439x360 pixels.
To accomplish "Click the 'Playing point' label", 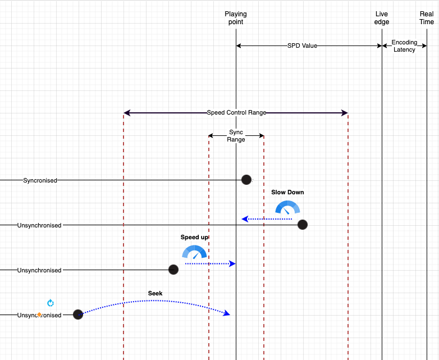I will [236, 18].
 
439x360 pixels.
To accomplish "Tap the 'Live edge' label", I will [382, 18].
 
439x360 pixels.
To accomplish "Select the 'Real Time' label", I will [427, 18].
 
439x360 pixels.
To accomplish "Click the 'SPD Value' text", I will [302, 45].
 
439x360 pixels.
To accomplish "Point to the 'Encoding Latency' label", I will [404, 46].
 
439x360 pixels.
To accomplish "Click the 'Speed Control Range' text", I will [236, 113].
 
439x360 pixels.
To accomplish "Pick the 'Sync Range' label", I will [236, 136].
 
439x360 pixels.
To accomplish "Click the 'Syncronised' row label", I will [40, 180].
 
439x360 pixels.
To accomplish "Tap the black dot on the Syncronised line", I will [246, 180].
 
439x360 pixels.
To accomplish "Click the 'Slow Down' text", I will [287, 192].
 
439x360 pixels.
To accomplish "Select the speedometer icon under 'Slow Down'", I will [287, 207].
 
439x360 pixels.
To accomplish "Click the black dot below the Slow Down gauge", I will [302, 225].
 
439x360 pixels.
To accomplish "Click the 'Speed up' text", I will [194, 238].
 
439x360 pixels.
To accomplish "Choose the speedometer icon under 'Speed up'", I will [194, 252].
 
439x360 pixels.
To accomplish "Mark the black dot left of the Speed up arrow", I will [173, 270].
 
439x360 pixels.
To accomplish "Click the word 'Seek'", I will [155, 293].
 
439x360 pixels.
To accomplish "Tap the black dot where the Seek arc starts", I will [78, 315].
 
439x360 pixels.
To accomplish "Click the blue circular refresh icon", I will [51, 303].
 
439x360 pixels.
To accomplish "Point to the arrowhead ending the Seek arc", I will [227, 313].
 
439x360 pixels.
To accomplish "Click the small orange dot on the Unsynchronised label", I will [39, 315].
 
